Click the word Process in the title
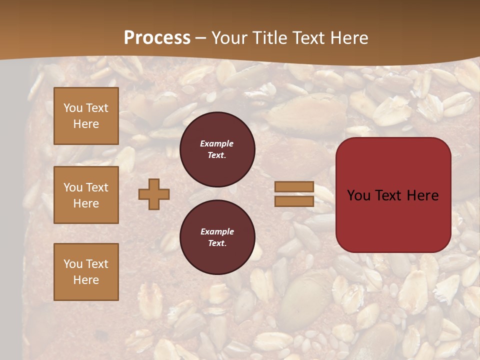(157, 38)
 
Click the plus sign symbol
(154, 194)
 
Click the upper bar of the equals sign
(294, 186)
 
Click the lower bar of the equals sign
(294, 201)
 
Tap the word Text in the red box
(388, 195)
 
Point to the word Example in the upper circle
(216, 143)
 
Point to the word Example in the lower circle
(216, 231)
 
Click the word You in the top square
(73, 108)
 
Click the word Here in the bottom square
(86, 280)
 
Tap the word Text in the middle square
(96, 187)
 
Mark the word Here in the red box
(423, 195)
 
